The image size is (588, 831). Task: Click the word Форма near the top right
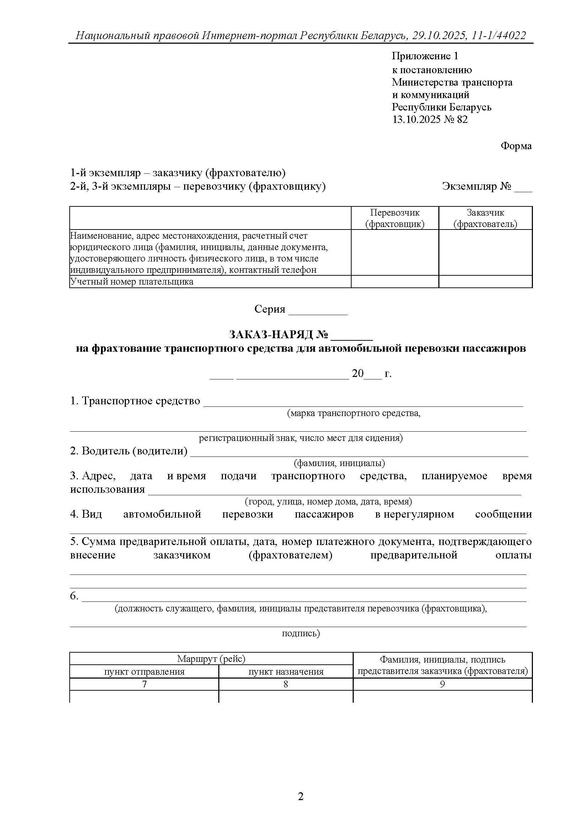pos(516,146)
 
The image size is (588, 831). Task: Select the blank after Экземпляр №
pos(523,188)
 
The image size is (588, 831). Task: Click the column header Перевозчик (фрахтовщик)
pos(395,218)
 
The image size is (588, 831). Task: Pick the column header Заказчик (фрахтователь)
pos(485,218)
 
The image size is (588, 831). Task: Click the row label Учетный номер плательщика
pos(132,282)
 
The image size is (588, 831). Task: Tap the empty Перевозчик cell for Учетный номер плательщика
pos(395,282)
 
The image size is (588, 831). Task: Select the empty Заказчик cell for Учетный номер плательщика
pos(485,282)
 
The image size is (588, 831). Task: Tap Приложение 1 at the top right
pos(425,56)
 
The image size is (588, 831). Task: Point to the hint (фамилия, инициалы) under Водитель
pos(339,463)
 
